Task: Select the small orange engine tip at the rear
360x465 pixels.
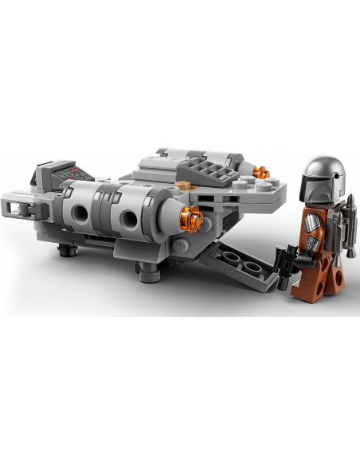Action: click(261, 172)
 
